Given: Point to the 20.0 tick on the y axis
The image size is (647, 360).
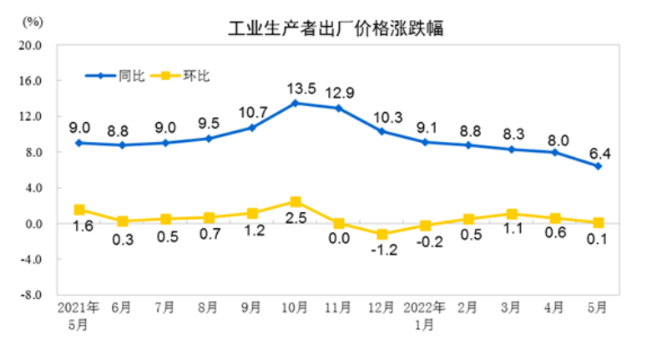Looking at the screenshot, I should [x=31, y=45].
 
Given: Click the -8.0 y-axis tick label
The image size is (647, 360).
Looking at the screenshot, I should [x=31, y=295].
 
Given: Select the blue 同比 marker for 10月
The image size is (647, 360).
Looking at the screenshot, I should [x=296, y=103].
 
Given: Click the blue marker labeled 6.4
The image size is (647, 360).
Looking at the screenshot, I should [x=598, y=166].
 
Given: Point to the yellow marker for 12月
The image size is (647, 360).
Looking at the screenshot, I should [x=382, y=235].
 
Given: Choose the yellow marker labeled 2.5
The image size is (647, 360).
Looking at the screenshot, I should [x=296, y=201].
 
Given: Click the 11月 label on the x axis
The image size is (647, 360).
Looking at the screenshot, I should [x=338, y=307].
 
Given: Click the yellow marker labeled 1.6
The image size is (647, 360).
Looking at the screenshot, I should [x=79, y=210].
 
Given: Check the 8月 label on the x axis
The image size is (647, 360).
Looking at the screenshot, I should [x=208, y=307].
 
